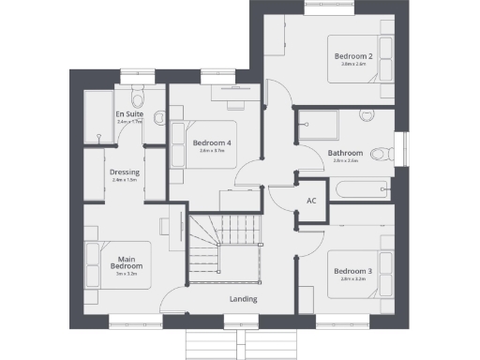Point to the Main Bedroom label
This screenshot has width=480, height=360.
pyautogui.click(x=127, y=262)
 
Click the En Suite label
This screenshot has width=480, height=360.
pyautogui.click(x=128, y=114)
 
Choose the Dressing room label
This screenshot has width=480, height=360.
pyautogui.click(x=125, y=172)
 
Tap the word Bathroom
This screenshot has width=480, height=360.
pyautogui.click(x=345, y=153)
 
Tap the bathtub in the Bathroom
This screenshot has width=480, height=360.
pyautogui.click(x=359, y=188)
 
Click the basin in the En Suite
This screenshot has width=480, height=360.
pyautogui.click(x=158, y=117)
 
